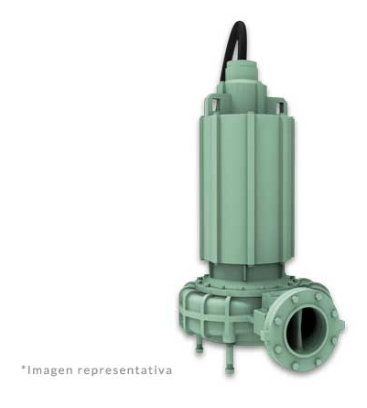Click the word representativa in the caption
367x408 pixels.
tap(124, 370)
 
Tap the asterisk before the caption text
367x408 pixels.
tap(23, 368)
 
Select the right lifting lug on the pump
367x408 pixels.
tap(280, 105)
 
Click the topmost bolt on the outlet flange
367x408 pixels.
tap(318, 296)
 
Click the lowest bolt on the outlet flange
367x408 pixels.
tap(296, 366)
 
